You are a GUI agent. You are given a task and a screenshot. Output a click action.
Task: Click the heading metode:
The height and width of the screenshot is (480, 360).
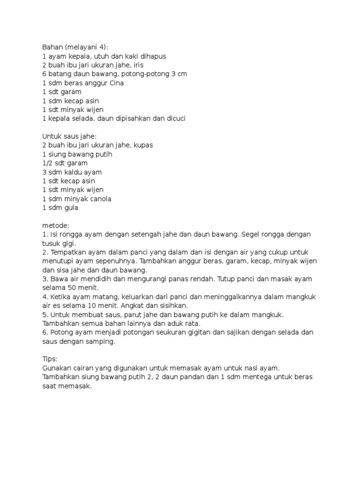click(x=55, y=225)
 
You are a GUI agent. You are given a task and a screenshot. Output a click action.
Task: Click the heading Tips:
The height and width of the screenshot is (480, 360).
click(x=49, y=359)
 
